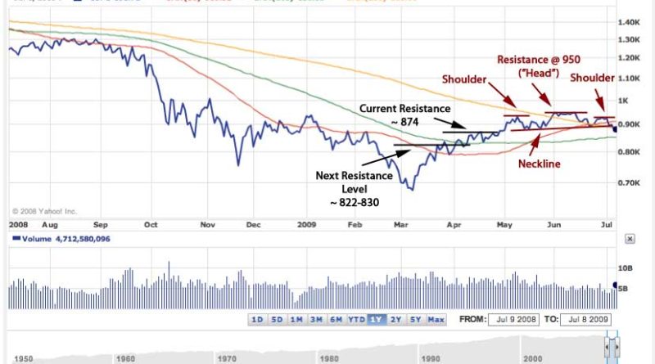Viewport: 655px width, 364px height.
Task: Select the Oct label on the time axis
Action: (151, 223)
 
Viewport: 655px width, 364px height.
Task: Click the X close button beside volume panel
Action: (629, 239)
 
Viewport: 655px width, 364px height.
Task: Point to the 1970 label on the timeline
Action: (228, 357)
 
